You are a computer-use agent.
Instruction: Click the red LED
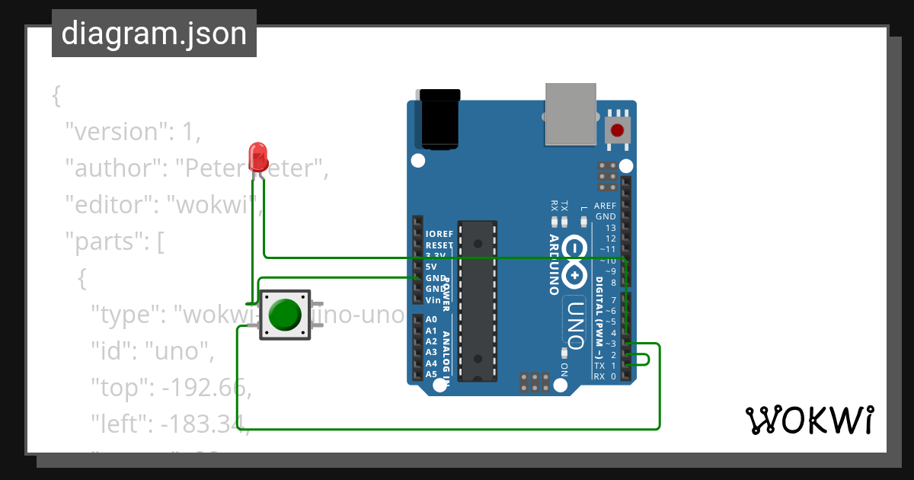pyautogui.click(x=258, y=156)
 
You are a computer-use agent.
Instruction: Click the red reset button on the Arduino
pyautogui.click(x=617, y=130)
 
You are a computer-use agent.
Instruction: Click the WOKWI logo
pyautogui.click(x=809, y=420)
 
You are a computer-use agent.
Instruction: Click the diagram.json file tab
pyautogui.click(x=154, y=34)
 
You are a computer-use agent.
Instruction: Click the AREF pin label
pyautogui.click(x=606, y=206)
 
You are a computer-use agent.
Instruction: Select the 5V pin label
pyautogui.click(x=431, y=267)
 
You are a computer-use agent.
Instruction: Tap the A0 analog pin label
pyautogui.click(x=431, y=319)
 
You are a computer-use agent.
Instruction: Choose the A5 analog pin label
pyautogui.click(x=431, y=374)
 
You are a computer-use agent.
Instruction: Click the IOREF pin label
pyautogui.click(x=439, y=234)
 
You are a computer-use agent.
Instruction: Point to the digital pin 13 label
pyautogui.click(x=610, y=228)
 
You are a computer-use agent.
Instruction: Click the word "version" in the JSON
pyautogui.click(x=114, y=132)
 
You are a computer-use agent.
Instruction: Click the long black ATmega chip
pyautogui.click(x=478, y=301)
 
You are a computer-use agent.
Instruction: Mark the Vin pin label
pyautogui.click(x=432, y=299)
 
